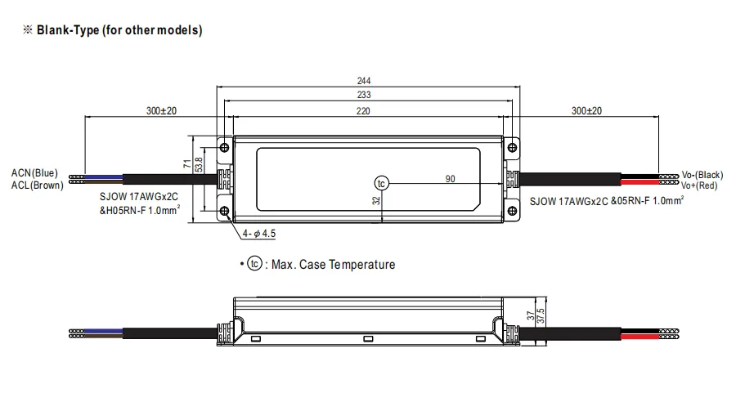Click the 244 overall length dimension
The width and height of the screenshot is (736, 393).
tap(364, 81)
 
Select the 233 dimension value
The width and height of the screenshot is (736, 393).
tap(364, 95)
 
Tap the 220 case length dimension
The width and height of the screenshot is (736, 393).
tap(363, 111)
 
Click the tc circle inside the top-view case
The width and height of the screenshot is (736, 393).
tap(381, 183)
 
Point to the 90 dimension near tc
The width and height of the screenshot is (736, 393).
tap(450, 179)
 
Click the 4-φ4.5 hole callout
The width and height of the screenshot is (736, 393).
tap(258, 234)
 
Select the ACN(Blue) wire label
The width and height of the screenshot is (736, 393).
tap(34, 173)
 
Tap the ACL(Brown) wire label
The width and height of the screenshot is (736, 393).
tap(38, 185)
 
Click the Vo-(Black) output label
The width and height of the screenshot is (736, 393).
tap(702, 175)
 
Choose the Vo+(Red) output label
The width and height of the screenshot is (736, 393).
tap(699, 185)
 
